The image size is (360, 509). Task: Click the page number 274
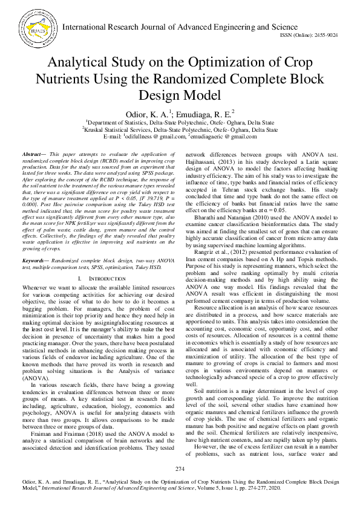(180, 469)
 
